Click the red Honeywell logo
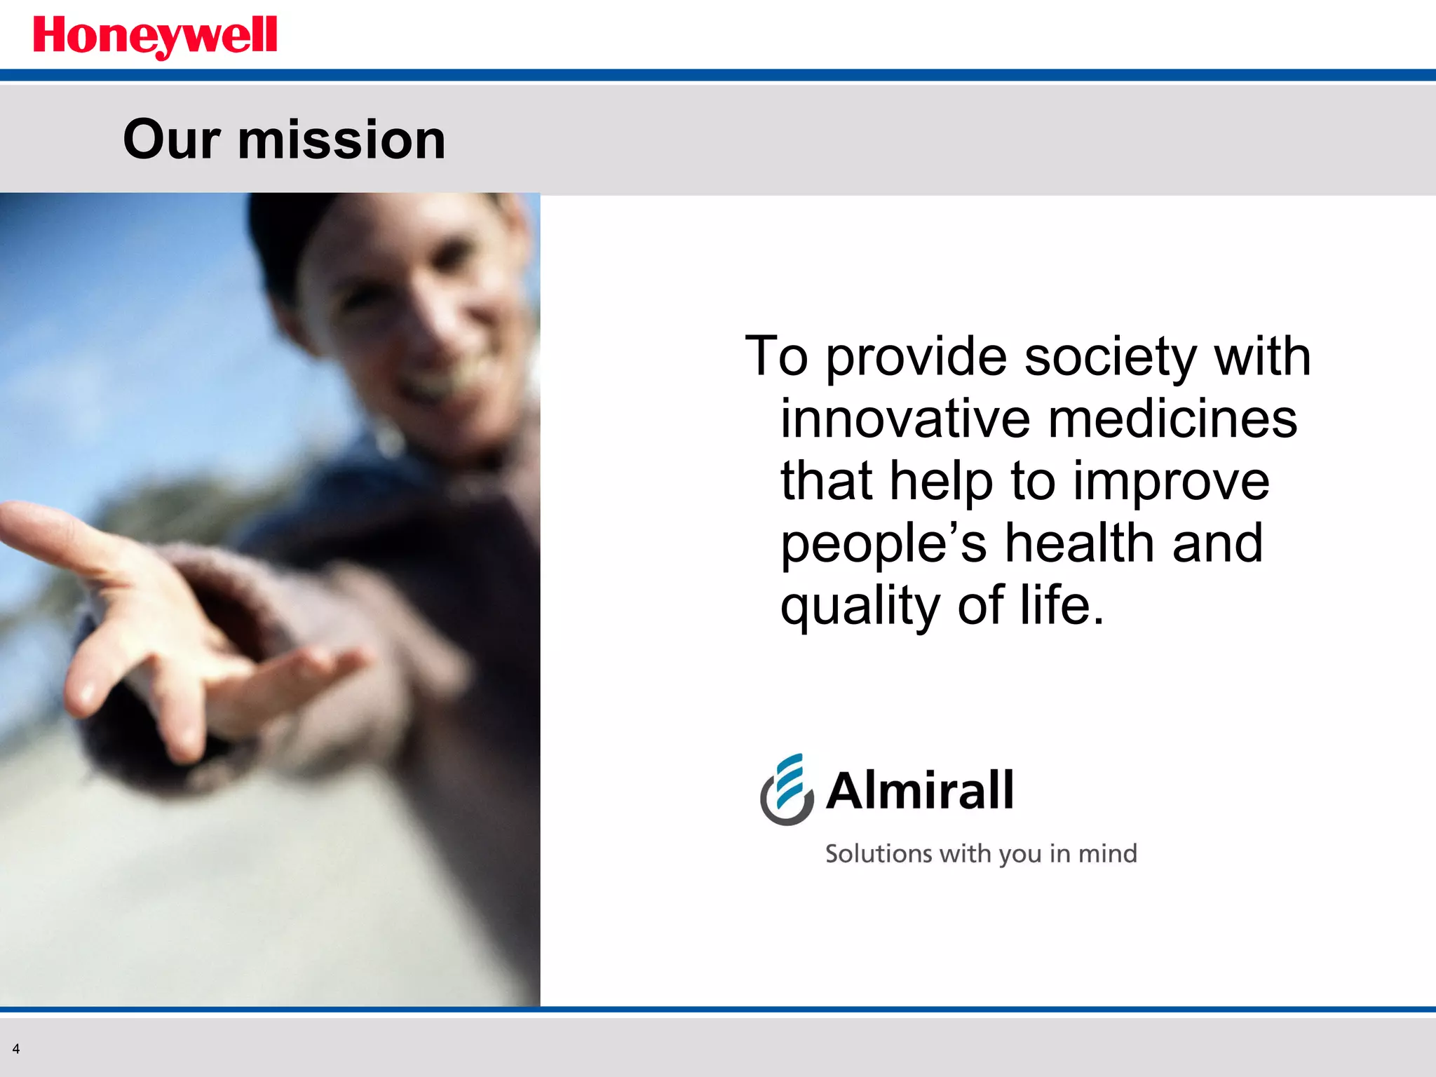tap(155, 36)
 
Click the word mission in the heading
tap(341, 140)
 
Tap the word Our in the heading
tap(172, 140)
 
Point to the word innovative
tap(905, 419)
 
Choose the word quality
tap(860, 607)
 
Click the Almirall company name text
tap(920, 790)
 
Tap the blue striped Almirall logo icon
tap(787, 790)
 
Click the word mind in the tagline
tap(1107, 853)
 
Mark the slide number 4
tap(16, 1049)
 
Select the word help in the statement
tap(941, 481)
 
